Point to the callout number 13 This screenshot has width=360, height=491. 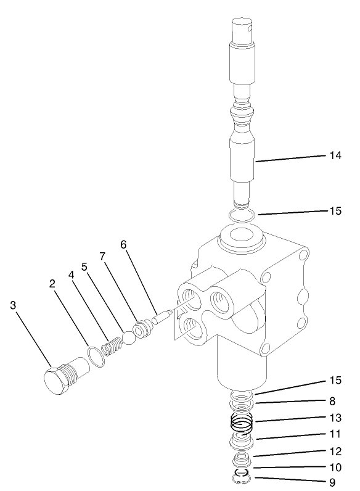coord(335,418)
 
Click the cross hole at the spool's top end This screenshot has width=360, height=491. coord(249,27)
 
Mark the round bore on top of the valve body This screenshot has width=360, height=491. coord(239,237)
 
